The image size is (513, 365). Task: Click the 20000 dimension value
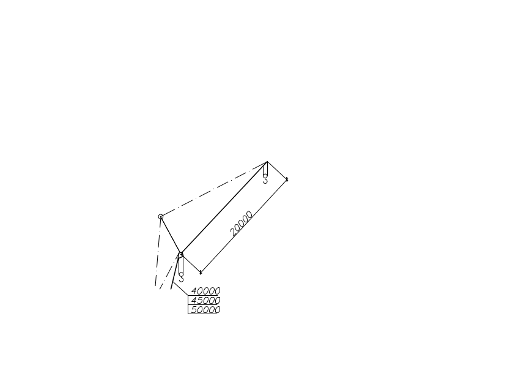tap(242, 224)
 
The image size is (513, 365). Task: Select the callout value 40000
tap(205, 291)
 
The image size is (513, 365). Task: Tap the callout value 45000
tap(205, 300)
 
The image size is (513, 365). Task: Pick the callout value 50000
tap(205, 310)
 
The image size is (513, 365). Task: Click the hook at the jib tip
tap(265, 179)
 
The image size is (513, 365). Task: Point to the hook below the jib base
tap(181, 277)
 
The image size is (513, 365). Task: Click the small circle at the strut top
tap(161, 217)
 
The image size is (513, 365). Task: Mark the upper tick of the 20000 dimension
tap(287, 179)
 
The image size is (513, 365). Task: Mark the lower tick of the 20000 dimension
tap(201, 273)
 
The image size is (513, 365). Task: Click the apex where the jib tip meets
tap(267, 162)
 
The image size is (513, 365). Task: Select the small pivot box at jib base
tap(181, 255)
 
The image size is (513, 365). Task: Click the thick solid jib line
tap(224, 208)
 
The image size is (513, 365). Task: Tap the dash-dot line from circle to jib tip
tap(214, 189)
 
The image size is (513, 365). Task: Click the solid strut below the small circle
tap(171, 235)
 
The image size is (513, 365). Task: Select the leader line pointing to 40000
tap(180, 288)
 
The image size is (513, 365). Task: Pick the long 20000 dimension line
tap(244, 226)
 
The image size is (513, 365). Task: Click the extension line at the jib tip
tap(277, 170)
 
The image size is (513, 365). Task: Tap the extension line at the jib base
tap(191, 263)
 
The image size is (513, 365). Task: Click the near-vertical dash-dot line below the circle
tap(158, 251)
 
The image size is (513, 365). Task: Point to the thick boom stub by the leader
tap(175, 271)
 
